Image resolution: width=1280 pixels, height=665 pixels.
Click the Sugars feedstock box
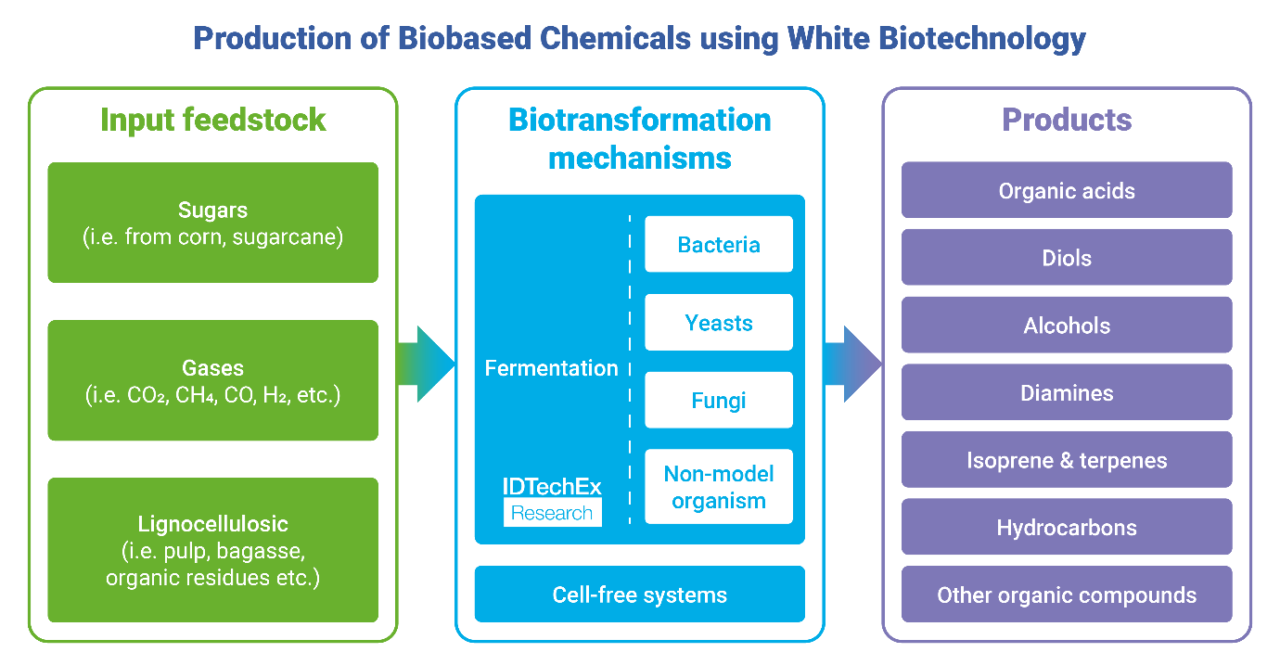point(212,223)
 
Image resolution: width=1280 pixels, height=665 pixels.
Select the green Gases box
point(212,380)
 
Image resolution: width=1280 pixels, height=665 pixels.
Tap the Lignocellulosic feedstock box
point(212,549)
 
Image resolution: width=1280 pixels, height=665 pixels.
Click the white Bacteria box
point(719,245)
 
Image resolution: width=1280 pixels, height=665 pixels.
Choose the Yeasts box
point(719,323)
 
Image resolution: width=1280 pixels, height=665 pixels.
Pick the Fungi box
point(719,401)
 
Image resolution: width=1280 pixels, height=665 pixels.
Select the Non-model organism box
point(719,487)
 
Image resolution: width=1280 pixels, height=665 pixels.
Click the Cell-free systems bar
point(639,595)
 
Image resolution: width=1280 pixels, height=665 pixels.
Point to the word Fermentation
point(551,368)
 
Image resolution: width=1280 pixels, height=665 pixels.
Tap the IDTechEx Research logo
point(552,501)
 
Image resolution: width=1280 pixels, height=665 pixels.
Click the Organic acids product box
point(1067,191)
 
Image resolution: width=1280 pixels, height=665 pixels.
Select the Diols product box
point(1067,258)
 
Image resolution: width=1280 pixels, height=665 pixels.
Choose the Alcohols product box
point(1067,326)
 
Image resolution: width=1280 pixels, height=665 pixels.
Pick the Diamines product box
point(1067,392)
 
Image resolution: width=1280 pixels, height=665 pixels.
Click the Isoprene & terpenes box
point(1067,460)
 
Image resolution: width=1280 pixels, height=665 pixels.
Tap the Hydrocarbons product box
point(1067,528)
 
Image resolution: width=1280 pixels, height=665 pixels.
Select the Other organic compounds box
point(1067,595)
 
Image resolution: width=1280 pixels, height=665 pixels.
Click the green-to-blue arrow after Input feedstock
point(427,364)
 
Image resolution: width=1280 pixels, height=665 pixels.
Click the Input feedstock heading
point(212,120)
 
